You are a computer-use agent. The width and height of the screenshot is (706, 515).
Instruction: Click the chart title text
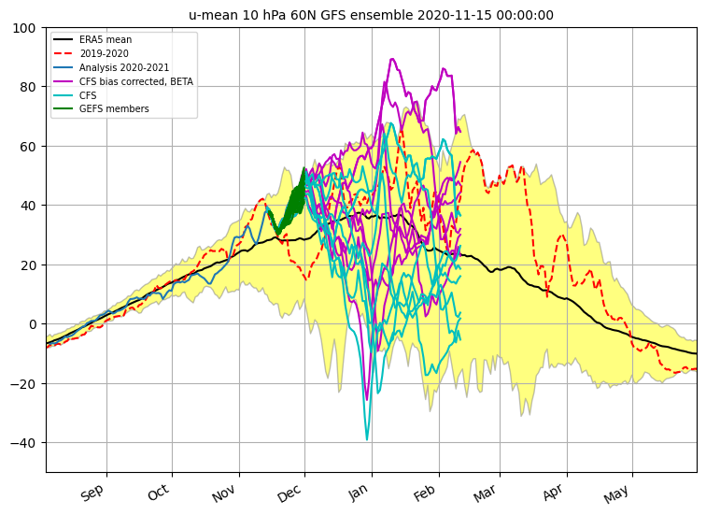(x=371, y=15)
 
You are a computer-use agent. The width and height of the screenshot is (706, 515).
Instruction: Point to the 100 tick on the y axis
(x=26, y=28)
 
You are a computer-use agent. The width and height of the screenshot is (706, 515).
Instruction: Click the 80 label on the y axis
(x=29, y=87)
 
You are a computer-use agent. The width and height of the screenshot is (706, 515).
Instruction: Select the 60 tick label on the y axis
(x=29, y=147)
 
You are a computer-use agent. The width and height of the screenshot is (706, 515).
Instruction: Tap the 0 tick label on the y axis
(x=33, y=324)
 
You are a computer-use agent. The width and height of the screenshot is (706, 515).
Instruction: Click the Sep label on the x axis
(x=92, y=493)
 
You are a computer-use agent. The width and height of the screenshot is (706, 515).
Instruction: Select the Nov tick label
(x=225, y=493)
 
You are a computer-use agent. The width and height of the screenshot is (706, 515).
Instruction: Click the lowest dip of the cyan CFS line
(x=367, y=439)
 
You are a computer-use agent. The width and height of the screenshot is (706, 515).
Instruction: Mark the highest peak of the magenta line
(x=391, y=60)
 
